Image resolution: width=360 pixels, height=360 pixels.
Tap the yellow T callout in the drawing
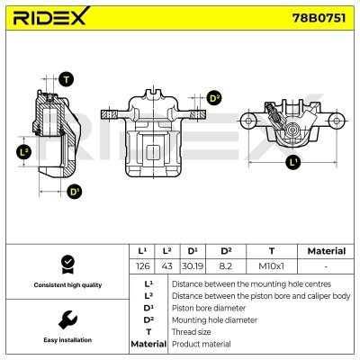[x=66, y=80]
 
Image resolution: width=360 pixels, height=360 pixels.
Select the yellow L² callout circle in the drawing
[x=24, y=152]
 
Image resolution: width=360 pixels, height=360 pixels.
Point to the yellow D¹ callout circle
[x=74, y=191]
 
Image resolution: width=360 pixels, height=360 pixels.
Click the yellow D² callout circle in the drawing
[x=213, y=98]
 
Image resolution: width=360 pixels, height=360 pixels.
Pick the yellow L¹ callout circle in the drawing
[x=292, y=163]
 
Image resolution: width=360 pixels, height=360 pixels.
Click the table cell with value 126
[x=140, y=266]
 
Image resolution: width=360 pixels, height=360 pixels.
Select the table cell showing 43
[x=166, y=266]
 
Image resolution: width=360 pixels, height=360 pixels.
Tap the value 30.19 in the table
[x=192, y=266]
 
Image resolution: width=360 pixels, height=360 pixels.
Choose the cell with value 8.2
[x=226, y=266]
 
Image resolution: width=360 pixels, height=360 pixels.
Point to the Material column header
[x=326, y=251]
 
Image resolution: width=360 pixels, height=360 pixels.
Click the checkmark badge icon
[x=67, y=263]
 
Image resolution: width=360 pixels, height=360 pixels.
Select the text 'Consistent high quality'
[x=67, y=284]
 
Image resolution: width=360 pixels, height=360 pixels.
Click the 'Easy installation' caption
[x=67, y=340]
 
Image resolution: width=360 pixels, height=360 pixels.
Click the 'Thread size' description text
[x=193, y=331]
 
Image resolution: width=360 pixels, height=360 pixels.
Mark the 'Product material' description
[x=201, y=344]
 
